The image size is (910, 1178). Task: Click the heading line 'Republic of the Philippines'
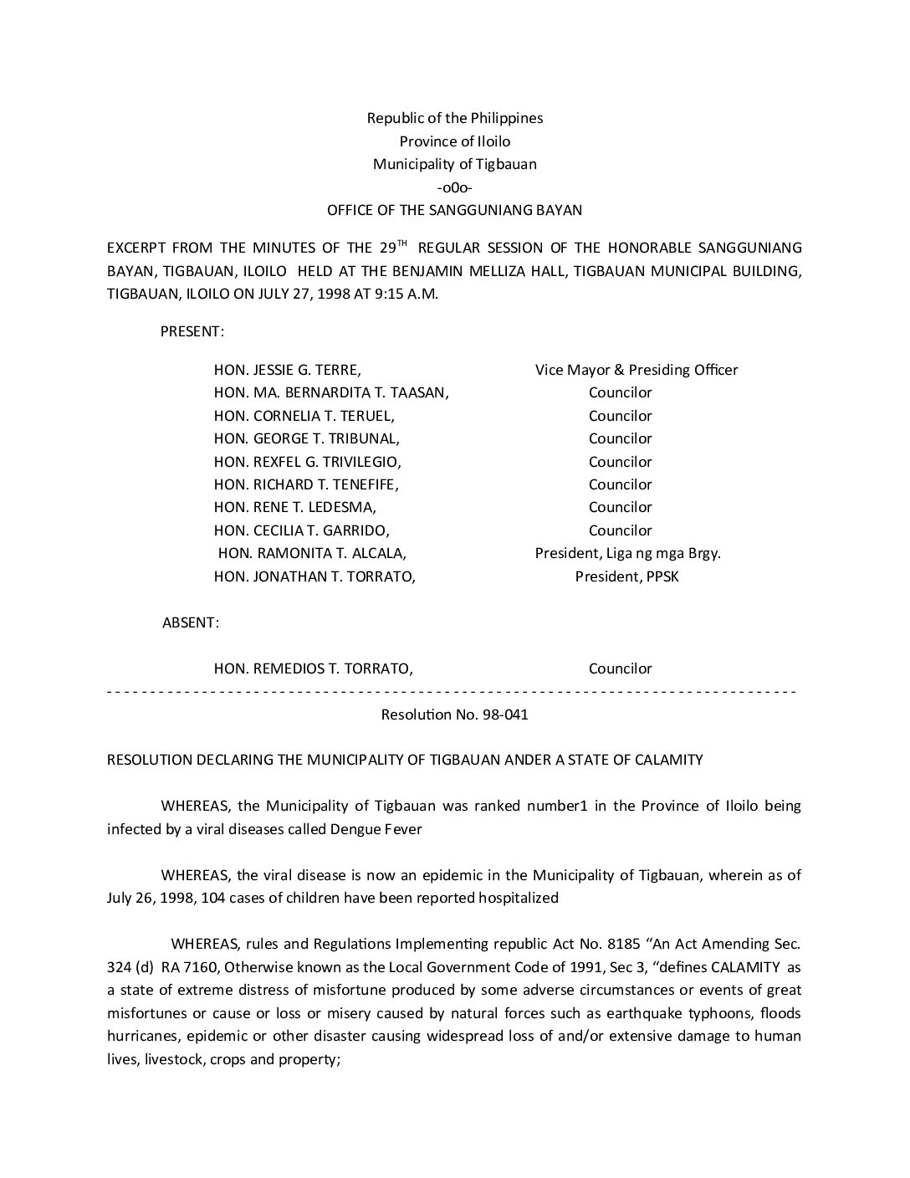454,118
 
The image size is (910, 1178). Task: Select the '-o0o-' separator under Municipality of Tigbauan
454,187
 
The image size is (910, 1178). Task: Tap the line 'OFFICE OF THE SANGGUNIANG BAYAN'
454,210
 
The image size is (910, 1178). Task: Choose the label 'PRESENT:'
192,331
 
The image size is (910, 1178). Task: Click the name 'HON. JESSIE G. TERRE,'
288,370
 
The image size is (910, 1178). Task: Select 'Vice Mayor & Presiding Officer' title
636,370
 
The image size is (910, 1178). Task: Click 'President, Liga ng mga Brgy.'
628,553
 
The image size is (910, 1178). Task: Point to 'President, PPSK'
626,576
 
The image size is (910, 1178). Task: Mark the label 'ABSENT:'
191,622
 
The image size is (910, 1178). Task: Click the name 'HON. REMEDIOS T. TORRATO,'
313,668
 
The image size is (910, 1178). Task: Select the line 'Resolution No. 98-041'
454,714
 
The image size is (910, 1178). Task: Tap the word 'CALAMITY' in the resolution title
671,760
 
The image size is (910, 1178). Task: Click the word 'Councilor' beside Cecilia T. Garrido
620,530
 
